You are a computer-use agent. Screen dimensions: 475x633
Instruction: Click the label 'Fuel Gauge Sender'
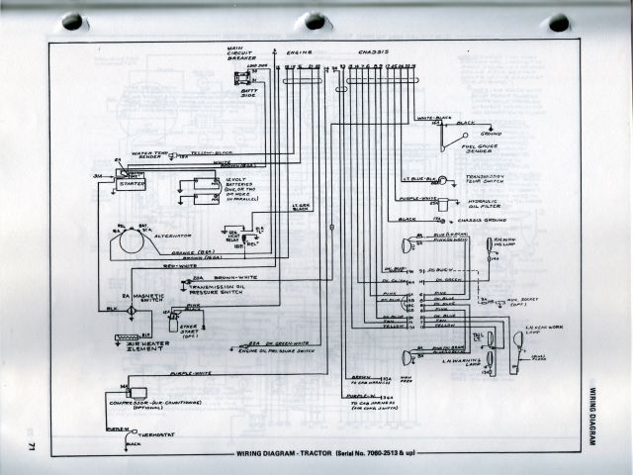483,149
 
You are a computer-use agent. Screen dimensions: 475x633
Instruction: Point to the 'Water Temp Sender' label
144,154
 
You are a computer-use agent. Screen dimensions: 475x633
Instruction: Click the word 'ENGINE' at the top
299,50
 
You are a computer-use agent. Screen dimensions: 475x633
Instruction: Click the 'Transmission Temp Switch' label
486,181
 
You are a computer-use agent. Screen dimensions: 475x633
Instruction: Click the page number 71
32,444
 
